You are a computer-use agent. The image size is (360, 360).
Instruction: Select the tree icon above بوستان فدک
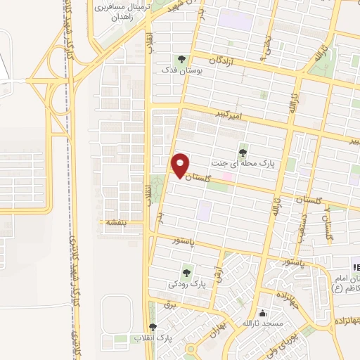[183, 60]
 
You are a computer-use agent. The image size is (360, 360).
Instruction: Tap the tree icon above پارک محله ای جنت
[243, 150]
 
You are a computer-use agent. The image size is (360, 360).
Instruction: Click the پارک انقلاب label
[153, 338]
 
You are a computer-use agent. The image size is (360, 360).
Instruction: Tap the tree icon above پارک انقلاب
[153, 327]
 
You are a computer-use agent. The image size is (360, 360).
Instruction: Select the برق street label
[168, 305]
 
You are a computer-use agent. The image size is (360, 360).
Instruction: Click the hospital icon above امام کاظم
[356, 266]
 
